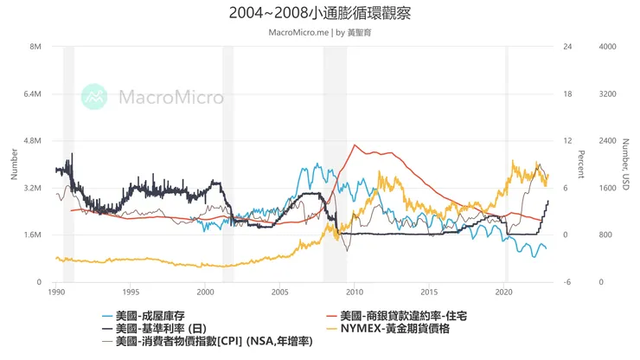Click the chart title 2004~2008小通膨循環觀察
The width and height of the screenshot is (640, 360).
(320, 14)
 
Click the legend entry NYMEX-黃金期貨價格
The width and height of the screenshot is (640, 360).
(406, 328)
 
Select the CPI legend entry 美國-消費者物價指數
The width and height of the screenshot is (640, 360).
(208, 342)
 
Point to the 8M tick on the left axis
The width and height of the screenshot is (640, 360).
(36, 47)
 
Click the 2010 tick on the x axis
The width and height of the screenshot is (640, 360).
(355, 292)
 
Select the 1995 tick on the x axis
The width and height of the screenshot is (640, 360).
(131, 292)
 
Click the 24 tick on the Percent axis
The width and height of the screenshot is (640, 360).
(568, 47)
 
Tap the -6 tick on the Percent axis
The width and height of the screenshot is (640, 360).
(567, 282)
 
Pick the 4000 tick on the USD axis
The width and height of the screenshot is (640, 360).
(607, 47)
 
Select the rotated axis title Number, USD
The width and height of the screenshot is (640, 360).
(625, 164)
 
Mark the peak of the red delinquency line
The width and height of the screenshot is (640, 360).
(353, 145)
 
